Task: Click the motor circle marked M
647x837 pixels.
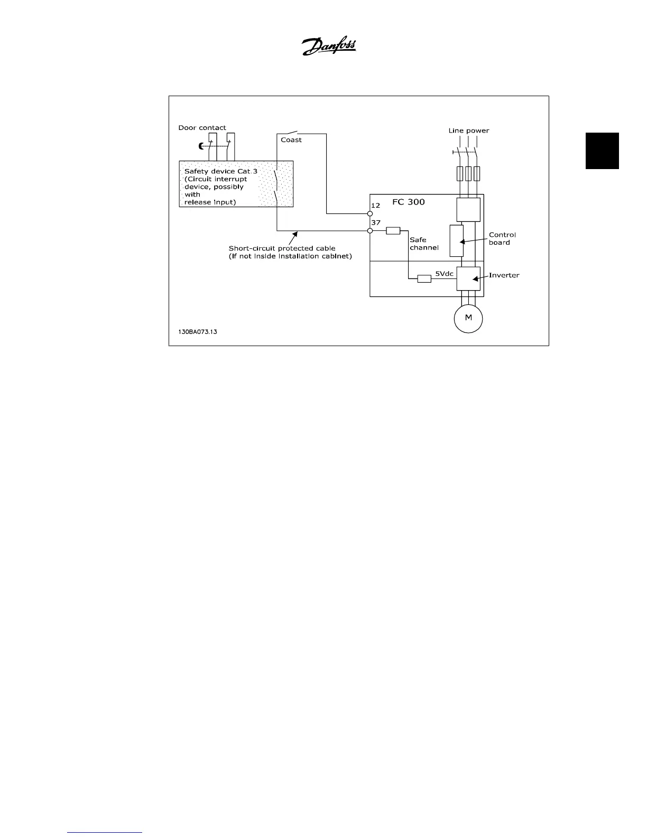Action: [468, 318]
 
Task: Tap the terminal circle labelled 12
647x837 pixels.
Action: [370, 213]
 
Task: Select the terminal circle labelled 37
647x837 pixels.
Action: [370, 230]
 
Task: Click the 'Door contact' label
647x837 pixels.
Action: [202, 128]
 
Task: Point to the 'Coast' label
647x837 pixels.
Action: [291, 140]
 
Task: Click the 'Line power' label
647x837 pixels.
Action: [468, 131]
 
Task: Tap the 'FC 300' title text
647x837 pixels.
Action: [408, 202]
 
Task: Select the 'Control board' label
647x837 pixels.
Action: [502, 238]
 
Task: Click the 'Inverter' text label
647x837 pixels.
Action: [504, 275]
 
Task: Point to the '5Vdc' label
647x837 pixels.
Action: [444, 274]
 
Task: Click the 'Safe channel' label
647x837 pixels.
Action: [423, 244]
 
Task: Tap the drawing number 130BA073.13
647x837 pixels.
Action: [198, 332]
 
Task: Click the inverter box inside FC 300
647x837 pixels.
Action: [468, 278]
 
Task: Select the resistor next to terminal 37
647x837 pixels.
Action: [393, 230]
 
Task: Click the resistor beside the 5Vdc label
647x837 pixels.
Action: [424, 278]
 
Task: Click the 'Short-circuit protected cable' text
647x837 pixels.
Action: [282, 248]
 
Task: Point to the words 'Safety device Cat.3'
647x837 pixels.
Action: [220, 171]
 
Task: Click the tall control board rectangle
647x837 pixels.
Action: [456, 240]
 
